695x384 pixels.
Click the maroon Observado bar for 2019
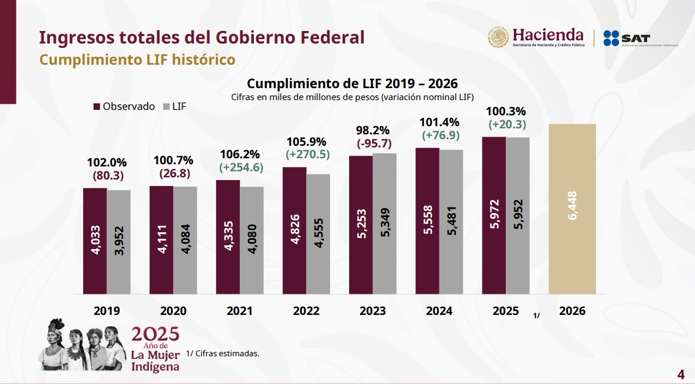(x=95, y=241)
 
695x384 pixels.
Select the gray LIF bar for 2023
(x=384, y=224)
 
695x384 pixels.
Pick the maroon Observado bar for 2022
(x=294, y=231)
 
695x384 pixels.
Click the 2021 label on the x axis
(x=240, y=311)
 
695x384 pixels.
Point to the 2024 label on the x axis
(x=439, y=311)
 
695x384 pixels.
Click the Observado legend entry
(x=125, y=107)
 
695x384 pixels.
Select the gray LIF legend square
(x=166, y=107)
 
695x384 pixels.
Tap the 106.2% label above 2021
(x=241, y=154)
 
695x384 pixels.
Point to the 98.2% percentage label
(x=373, y=131)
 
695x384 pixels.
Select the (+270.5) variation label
(x=308, y=154)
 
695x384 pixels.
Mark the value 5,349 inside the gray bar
(x=384, y=224)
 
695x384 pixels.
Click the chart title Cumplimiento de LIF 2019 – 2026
(x=352, y=84)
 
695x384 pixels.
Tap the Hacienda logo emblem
(x=498, y=37)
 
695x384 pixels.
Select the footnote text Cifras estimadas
(x=222, y=354)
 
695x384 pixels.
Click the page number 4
(x=680, y=375)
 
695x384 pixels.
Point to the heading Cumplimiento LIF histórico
(x=138, y=59)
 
